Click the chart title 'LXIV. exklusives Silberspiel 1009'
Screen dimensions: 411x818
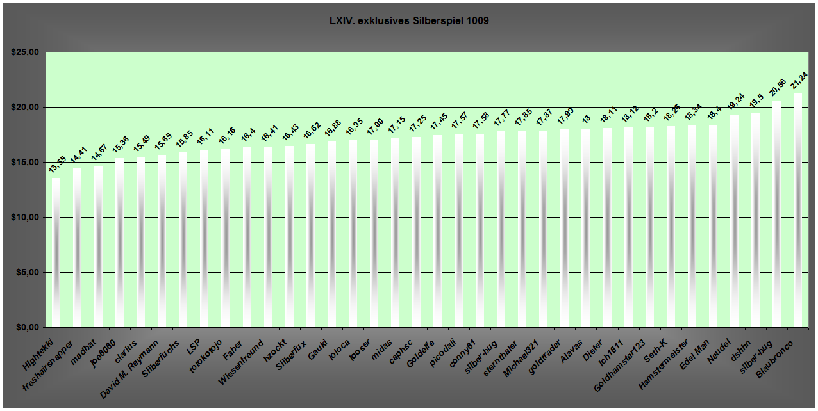pyautogui.click(x=408, y=21)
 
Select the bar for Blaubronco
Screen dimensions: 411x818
pyautogui.click(x=797, y=211)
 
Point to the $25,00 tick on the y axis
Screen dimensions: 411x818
pyautogui.click(x=25, y=52)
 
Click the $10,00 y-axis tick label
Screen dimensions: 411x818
pyautogui.click(x=25, y=218)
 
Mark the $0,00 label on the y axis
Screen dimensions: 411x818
pyautogui.click(x=27, y=328)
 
